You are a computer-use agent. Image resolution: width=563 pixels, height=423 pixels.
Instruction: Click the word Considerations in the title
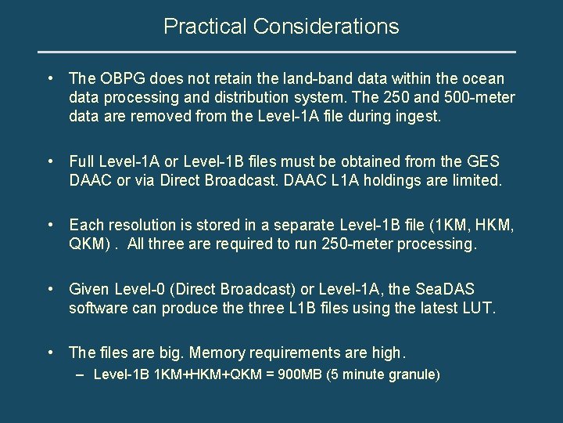(326, 27)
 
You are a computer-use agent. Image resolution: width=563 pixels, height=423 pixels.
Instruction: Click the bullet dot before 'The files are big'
(51, 352)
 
